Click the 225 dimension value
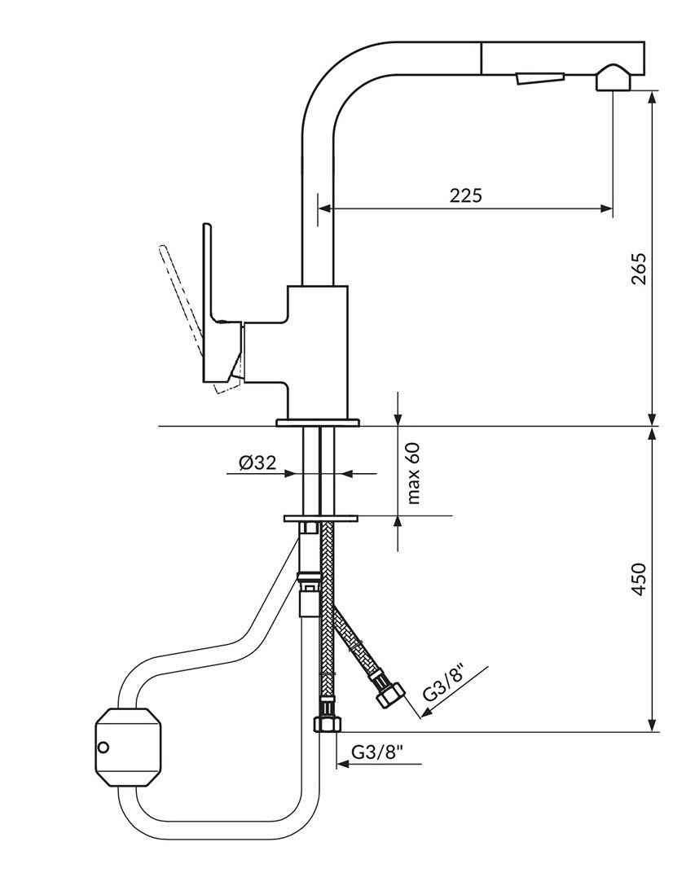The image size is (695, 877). pos(465,195)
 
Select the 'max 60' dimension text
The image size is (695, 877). pos(413,473)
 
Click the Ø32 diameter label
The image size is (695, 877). pos(257,463)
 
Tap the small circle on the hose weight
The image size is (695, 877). pos(103,747)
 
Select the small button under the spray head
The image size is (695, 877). pos(539,78)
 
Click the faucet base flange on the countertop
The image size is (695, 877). pos(318,422)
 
